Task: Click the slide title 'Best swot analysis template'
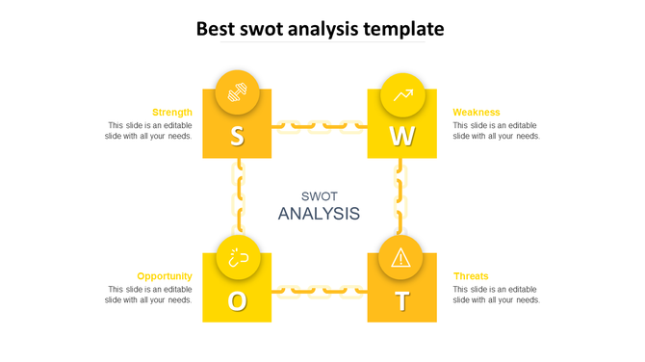pyautogui.click(x=321, y=29)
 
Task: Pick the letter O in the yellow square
pyautogui.click(x=237, y=301)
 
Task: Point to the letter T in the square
pyautogui.click(x=402, y=301)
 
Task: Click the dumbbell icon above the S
pyautogui.click(x=237, y=92)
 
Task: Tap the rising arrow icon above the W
pyautogui.click(x=402, y=94)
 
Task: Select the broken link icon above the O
pyautogui.click(x=237, y=257)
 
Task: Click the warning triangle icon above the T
pyautogui.click(x=401, y=257)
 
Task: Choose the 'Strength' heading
pyautogui.click(x=172, y=112)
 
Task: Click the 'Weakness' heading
pyautogui.click(x=477, y=112)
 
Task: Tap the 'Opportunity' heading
pyautogui.click(x=165, y=275)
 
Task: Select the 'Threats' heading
pyautogui.click(x=471, y=275)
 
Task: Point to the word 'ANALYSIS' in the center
pyautogui.click(x=319, y=214)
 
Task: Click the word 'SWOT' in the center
pyautogui.click(x=319, y=195)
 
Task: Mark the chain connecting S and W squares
pyautogui.click(x=320, y=125)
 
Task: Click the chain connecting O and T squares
pyautogui.click(x=320, y=289)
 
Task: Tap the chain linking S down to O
pyautogui.click(x=237, y=196)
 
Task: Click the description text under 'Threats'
pyautogui.click(x=496, y=294)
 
